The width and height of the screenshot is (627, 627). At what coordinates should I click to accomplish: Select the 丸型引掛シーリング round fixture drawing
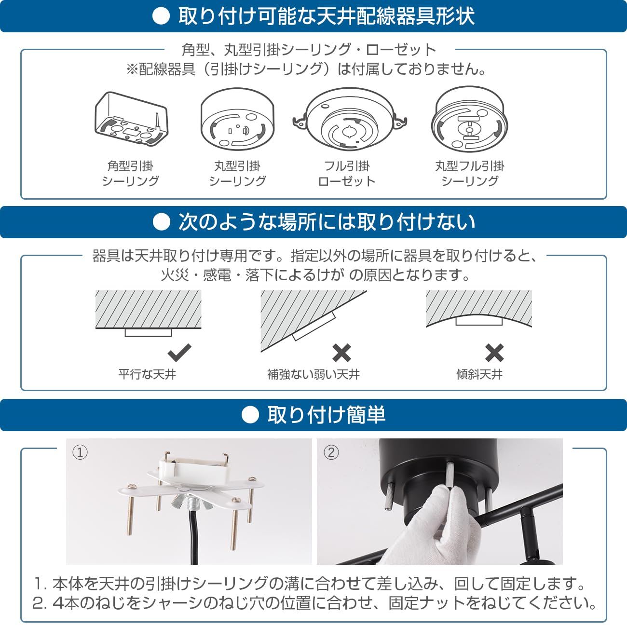pos(237,119)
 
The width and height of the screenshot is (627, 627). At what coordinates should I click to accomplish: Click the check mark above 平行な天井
pos(179,353)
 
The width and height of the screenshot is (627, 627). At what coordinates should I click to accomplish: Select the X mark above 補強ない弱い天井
pos(341,353)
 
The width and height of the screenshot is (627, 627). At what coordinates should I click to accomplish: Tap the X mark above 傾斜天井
pos(494,353)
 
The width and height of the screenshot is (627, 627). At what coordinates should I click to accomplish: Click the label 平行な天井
pos(147,374)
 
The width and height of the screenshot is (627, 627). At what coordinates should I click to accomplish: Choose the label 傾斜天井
pos(479,374)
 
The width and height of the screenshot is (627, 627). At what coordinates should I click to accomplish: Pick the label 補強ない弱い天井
pos(313,374)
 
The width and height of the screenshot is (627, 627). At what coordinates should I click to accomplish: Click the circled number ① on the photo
pos(80,452)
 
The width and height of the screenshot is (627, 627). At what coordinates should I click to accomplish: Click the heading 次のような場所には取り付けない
pos(327,222)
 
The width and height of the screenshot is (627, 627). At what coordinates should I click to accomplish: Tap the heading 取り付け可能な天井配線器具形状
pos(327,16)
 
